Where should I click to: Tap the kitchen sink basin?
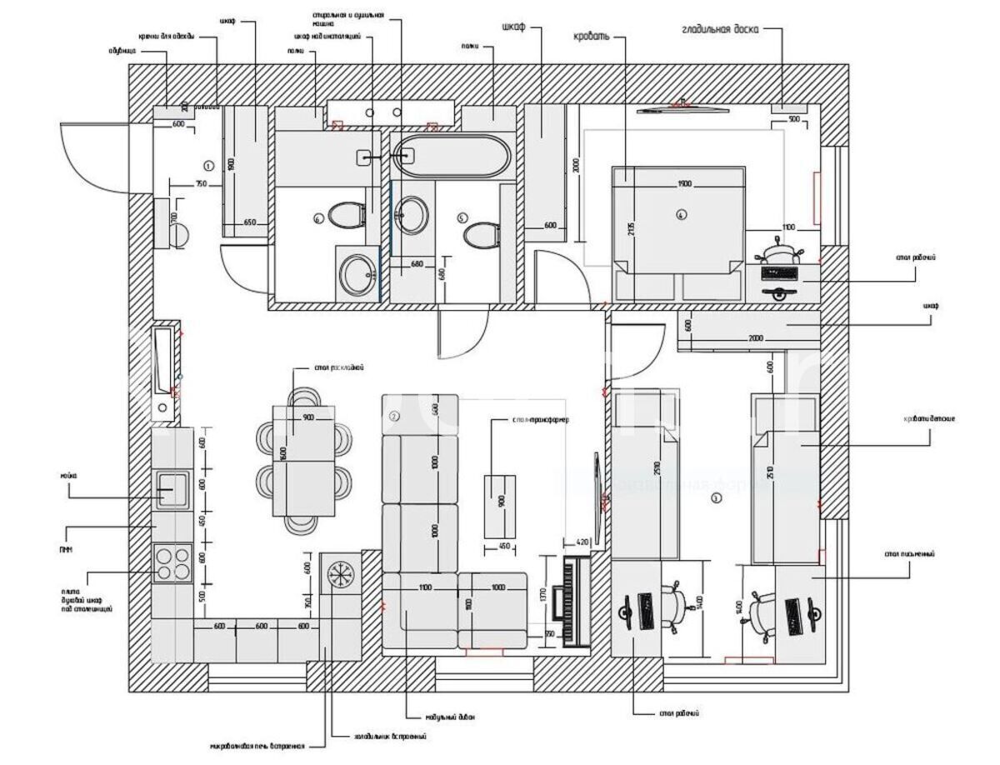pos(171,488)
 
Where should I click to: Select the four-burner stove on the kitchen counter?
pos(172,561)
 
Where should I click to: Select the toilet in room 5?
pos(481,235)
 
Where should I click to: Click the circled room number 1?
pos(207,165)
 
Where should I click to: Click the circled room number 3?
pos(715,498)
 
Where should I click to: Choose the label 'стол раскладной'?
pos(338,367)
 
